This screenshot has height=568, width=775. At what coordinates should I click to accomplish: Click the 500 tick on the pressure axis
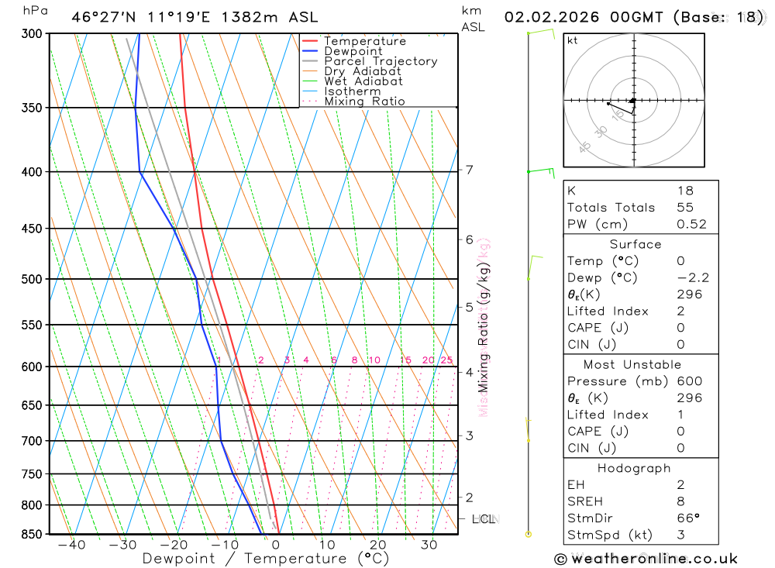coord(31,279)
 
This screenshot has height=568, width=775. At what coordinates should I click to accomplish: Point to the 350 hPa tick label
coord(31,108)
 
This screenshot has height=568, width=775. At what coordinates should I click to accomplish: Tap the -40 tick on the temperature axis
coord(71,546)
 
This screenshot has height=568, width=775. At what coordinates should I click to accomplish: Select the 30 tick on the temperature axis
coord(429,546)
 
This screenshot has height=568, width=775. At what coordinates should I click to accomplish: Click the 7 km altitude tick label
coord(470,170)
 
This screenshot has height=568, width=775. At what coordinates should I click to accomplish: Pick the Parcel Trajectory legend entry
coord(381,61)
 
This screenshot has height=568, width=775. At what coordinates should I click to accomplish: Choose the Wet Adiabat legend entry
coord(363,81)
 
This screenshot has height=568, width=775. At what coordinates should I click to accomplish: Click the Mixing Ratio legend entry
coord(364,102)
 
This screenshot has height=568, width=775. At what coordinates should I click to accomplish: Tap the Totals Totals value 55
coord(685,208)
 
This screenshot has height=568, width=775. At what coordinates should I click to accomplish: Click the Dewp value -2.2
coord(693,278)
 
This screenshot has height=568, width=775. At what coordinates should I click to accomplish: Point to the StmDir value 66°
coord(688,518)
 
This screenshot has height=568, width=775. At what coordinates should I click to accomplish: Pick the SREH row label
coord(585,501)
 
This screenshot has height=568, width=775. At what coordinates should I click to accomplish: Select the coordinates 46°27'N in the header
coord(97,18)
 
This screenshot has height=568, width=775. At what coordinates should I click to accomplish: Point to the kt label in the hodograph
coord(573,41)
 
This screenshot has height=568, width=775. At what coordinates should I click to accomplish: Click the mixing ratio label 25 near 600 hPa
coord(446,360)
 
